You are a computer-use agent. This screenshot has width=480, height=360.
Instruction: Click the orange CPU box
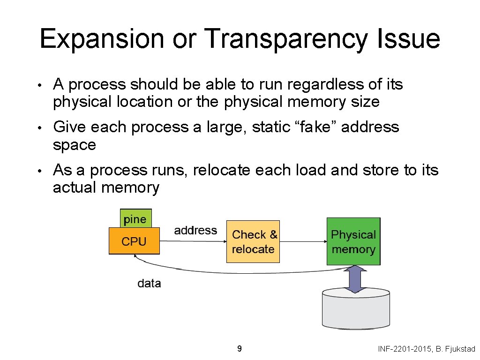(x=134, y=241)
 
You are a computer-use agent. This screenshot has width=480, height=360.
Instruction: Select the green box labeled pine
(x=135, y=219)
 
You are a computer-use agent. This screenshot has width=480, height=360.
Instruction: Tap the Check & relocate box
(x=253, y=241)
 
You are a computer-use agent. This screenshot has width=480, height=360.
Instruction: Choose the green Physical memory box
(x=353, y=241)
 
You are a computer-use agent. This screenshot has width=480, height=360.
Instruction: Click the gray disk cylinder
(x=356, y=309)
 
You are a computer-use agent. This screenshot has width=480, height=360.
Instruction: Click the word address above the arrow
(x=195, y=230)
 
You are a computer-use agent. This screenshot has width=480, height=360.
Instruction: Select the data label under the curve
(x=149, y=284)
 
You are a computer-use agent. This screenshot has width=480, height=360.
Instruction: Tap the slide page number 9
(x=240, y=348)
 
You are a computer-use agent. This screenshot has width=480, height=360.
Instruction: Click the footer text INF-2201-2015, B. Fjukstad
(x=426, y=349)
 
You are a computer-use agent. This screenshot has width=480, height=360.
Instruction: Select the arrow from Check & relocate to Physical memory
(x=303, y=241)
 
